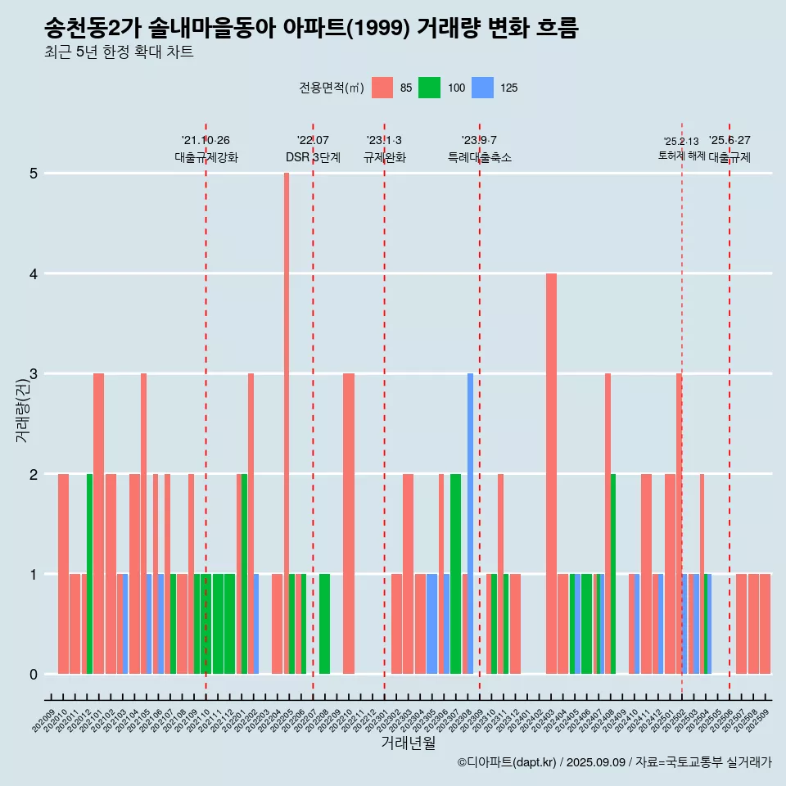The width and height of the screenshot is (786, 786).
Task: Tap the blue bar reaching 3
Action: [470, 524]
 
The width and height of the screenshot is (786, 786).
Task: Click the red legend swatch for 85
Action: [382, 88]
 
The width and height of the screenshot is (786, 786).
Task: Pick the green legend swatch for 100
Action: [430, 88]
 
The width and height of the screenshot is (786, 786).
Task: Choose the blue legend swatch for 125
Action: [483, 88]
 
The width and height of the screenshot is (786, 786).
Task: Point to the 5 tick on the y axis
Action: [34, 174]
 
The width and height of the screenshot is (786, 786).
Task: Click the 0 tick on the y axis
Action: [34, 675]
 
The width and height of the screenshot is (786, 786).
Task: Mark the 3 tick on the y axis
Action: [34, 374]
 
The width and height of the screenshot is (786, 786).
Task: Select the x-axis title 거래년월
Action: [408, 743]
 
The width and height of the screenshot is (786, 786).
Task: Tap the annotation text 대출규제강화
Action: [206, 158]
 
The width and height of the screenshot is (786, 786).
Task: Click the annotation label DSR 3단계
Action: [313, 158]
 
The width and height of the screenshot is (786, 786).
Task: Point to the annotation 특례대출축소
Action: [480, 158]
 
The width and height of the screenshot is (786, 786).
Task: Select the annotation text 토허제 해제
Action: [681, 156]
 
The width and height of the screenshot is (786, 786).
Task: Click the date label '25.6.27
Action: [730, 141]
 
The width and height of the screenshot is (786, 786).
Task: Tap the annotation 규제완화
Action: [385, 158]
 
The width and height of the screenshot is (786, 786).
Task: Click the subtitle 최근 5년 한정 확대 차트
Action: [120, 52]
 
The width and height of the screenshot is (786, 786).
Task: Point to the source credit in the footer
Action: [614, 762]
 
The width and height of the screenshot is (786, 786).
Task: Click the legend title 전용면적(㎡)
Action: [331, 88]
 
